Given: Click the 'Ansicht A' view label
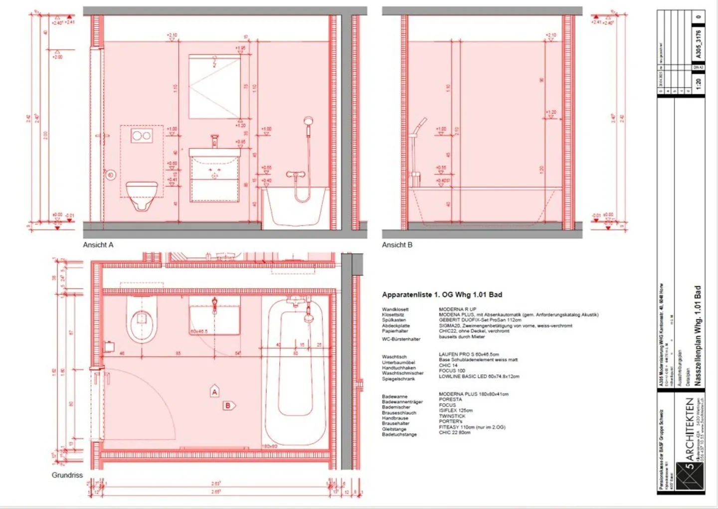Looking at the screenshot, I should (98, 245).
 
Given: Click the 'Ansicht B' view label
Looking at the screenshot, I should (397, 245).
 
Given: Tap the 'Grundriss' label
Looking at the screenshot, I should (67, 475).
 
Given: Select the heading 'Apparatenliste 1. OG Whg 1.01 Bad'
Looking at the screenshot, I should (442, 295).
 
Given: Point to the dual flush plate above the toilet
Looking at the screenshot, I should (142, 135).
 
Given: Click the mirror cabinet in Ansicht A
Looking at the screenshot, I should (214, 87).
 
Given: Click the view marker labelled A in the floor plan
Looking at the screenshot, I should (214, 392).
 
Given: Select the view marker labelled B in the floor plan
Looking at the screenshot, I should (228, 405).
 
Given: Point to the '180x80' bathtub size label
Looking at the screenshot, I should (270, 446).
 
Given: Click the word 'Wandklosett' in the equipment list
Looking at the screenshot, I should (395, 310).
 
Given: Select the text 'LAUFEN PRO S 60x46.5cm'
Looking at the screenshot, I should (468, 354).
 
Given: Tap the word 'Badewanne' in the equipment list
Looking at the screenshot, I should (394, 396).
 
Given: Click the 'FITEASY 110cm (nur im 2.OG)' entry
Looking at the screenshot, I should (472, 427).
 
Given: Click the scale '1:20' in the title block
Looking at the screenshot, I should (699, 84).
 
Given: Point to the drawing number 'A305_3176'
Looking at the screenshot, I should (699, 43).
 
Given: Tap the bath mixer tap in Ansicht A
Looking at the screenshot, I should (295, 174).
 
